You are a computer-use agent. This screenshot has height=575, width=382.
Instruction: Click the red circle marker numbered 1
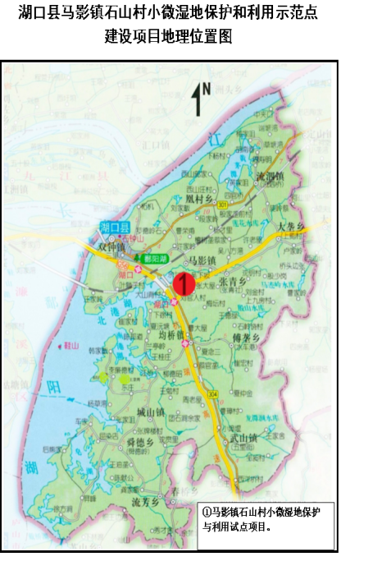(x=184, y=285)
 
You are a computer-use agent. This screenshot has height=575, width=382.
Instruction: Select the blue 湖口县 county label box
(x=116, y=226)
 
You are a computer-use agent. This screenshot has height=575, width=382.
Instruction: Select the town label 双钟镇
(x=111, y=246)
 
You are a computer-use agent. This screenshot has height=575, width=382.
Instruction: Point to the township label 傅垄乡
(x=247, y=338)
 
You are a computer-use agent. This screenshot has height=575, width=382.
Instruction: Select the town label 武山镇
(x=244, y=437)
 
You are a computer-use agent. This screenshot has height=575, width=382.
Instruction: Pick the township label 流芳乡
(x=145, y=500)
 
